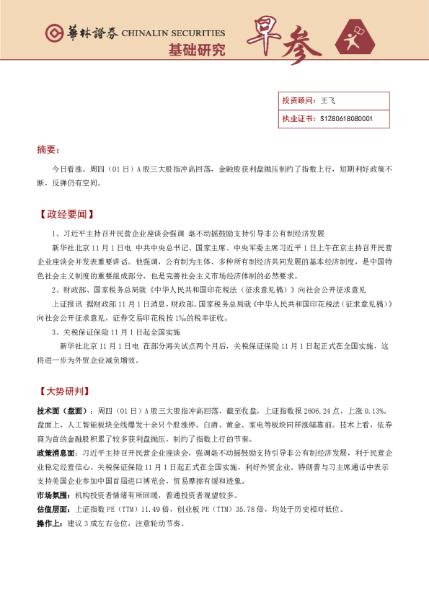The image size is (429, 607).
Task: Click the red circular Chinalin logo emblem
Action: [54, 32]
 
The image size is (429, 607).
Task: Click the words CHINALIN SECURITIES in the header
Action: [173, 32]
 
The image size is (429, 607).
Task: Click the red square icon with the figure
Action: [355, 39]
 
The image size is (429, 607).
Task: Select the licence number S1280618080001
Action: [346, 118]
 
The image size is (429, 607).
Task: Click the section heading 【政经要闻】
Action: [66, 214]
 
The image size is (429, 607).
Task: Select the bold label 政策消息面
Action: [56, 453]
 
